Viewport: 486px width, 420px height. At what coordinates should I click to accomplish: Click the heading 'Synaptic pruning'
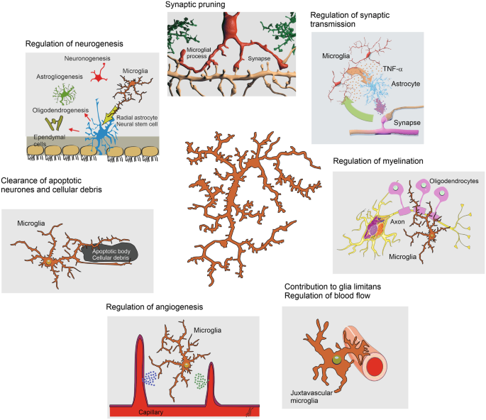click(195, 5)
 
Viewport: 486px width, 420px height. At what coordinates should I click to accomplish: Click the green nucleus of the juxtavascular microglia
click(336, 361)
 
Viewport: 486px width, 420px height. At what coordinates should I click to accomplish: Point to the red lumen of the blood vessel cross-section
click(376, 367)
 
